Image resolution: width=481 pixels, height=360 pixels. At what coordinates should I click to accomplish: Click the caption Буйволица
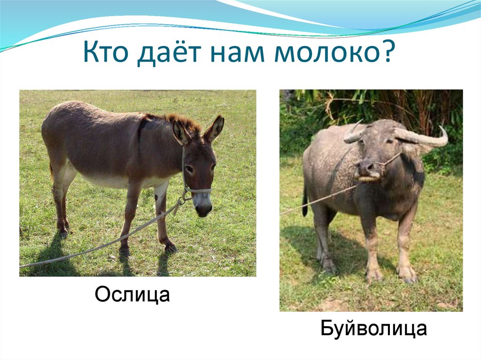[x=374, y=329]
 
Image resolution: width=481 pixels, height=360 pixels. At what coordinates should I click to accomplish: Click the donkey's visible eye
[x=189, y=169]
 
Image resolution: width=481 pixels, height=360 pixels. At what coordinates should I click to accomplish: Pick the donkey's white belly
[x=113, y=181]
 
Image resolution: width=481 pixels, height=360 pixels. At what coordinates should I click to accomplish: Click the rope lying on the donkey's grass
[x=94, y=248]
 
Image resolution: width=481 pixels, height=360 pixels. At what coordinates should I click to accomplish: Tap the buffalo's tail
[x=305, y=202]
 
